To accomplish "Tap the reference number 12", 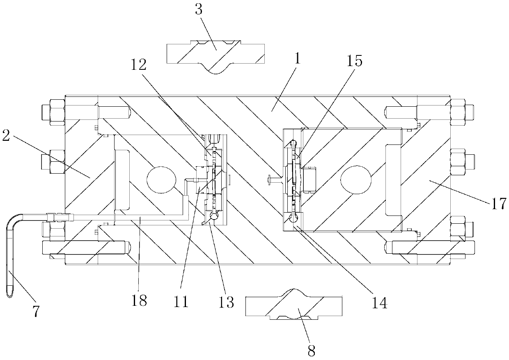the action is click(x=138, y=65).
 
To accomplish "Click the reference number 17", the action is click(x=499, y=204).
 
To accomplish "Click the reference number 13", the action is click(x=226, y=302).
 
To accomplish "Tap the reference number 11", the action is click(x=181, y=302).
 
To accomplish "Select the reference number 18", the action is click(x=139, y=300).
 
